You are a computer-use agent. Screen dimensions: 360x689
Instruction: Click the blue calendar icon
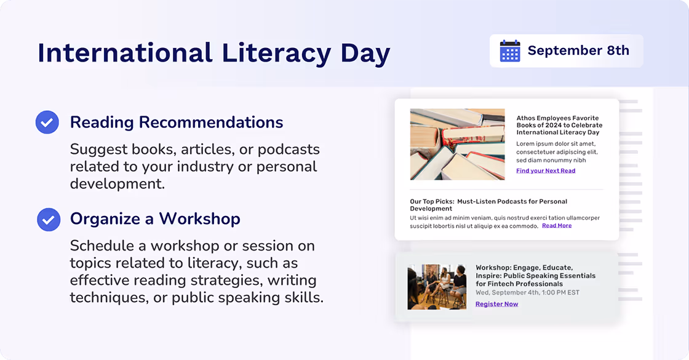510,51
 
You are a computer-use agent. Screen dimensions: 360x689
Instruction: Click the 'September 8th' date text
578,51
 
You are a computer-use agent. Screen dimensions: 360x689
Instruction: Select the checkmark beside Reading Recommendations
47,122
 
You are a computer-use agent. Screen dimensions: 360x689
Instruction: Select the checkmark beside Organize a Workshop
49,219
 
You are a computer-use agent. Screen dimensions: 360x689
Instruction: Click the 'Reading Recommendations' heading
177,122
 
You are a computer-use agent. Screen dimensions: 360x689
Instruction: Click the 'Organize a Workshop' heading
155,219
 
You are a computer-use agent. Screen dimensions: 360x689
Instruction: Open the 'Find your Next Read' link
546,171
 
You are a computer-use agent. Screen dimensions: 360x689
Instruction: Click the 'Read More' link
557,226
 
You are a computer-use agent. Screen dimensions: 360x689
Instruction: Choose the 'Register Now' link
496,304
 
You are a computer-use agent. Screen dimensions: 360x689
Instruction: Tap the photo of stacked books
457,144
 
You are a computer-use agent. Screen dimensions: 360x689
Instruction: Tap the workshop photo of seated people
437,287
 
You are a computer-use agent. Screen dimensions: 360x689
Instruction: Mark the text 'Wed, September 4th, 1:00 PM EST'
527,292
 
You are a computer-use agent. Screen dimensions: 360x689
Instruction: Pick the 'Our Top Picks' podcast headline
488,205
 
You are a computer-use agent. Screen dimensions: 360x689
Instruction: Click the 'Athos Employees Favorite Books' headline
559,125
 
